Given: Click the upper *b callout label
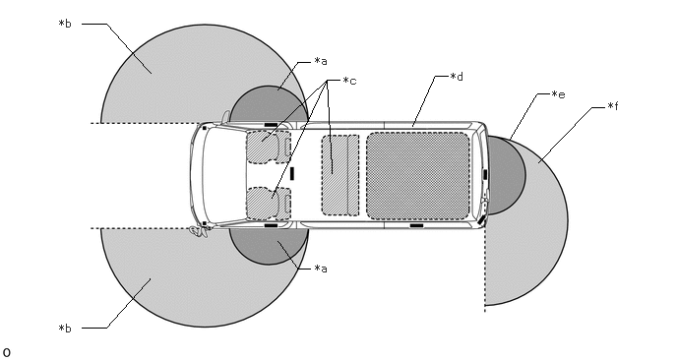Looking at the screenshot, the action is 65,24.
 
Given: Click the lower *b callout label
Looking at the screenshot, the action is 65,329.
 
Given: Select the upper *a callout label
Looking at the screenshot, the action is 321,61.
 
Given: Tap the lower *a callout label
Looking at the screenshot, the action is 321,269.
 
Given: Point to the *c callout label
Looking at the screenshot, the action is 349,81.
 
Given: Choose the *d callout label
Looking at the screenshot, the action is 457,77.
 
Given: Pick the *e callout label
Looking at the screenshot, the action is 559,94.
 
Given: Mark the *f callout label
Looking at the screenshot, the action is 613,106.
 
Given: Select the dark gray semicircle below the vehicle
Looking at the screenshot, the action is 269,245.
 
